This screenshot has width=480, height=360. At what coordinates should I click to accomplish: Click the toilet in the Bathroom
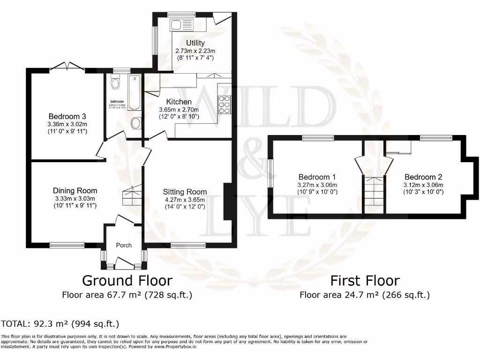pyautogui.click(x=115, y=83)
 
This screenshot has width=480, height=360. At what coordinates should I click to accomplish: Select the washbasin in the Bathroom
pyautogui.click(x=135, y=123)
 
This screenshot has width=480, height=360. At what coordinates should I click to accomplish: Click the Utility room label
pyautogui.click(x=195, y=43)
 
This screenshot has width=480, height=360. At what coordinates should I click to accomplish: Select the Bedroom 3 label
pyautogui.click(x=67, y=116)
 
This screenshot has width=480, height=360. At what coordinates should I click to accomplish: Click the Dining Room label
pyautogui.click(x=75, y=190)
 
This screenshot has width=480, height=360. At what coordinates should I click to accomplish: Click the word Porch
pyautogui.click(x=124, y=245)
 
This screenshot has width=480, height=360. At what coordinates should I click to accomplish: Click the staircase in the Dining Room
pyautogui.click(x=133, y=195)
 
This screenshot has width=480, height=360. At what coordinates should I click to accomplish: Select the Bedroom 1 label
pyautogui.click(x=317, y=177)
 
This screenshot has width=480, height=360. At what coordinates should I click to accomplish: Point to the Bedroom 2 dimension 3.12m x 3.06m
pyautogui.click(x=423, y=185)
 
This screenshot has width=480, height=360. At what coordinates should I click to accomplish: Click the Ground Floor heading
pyautogui.click(x=127, y=281)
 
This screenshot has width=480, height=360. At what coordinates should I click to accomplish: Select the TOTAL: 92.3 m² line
pyautogui.click(x=60, y=323)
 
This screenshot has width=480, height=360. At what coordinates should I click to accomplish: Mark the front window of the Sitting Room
pyautogui.click(x=188, y=245)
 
